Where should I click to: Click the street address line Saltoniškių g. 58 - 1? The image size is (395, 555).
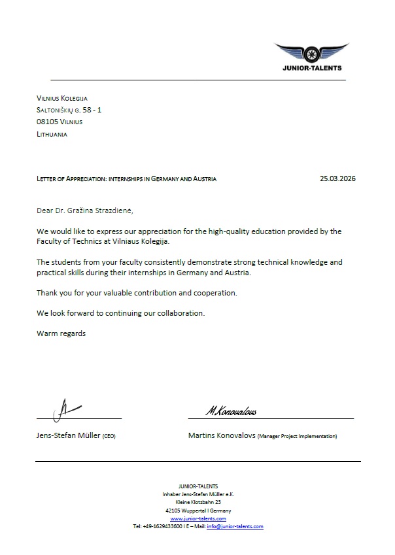point(69,110)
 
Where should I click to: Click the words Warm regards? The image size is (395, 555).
point(61,333)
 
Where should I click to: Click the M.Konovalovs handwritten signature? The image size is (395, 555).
point(230,411)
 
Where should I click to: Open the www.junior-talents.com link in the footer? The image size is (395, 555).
point(197,518)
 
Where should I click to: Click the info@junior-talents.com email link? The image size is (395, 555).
point(235,526)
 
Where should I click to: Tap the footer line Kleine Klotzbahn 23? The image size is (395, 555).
point(198,502)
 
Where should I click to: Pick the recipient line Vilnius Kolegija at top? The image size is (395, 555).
point(61,98)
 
